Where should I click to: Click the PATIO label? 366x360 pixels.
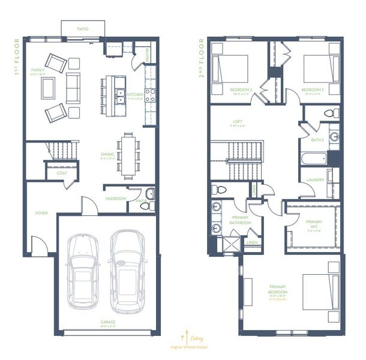[83, 28]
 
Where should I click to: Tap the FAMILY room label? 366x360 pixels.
[37, 70]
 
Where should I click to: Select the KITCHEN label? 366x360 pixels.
[135, 94]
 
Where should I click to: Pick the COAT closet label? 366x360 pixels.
[62, 173]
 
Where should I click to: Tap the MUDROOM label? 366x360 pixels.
[115, 198]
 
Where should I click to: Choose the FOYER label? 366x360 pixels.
[41, 212]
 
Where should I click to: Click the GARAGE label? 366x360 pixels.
[108, 322]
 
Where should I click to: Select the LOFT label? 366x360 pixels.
[238, 121]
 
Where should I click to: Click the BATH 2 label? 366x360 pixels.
[317, 140]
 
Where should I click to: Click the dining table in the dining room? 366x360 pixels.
[128, 155]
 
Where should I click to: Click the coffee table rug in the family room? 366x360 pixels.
[49, 88]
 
